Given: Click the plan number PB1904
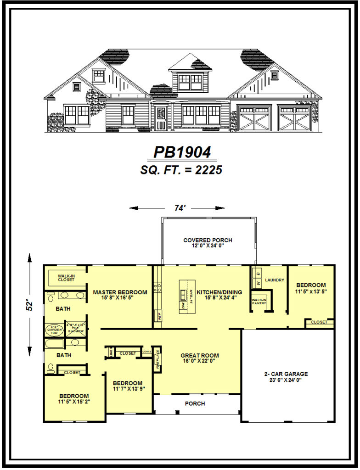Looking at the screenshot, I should [x=181, y=152].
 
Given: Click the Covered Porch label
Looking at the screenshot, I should [x=208, y=240].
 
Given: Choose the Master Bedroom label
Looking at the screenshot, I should [x=120, y=292].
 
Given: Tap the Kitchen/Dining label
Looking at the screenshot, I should [x=219, y=292].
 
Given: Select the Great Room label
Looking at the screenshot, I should [x=199, y=355].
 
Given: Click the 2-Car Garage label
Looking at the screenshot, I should [x=286, y=374].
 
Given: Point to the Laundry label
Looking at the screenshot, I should [x=275, y=280].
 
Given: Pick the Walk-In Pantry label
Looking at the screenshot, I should [x=259, y=302].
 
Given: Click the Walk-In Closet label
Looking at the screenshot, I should [x=66, y=278].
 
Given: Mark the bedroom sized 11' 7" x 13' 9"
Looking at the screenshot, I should [x=127, y=383].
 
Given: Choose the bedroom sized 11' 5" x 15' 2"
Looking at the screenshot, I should [x=74, y=396].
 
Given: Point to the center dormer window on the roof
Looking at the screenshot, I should [x=190, y=82].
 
